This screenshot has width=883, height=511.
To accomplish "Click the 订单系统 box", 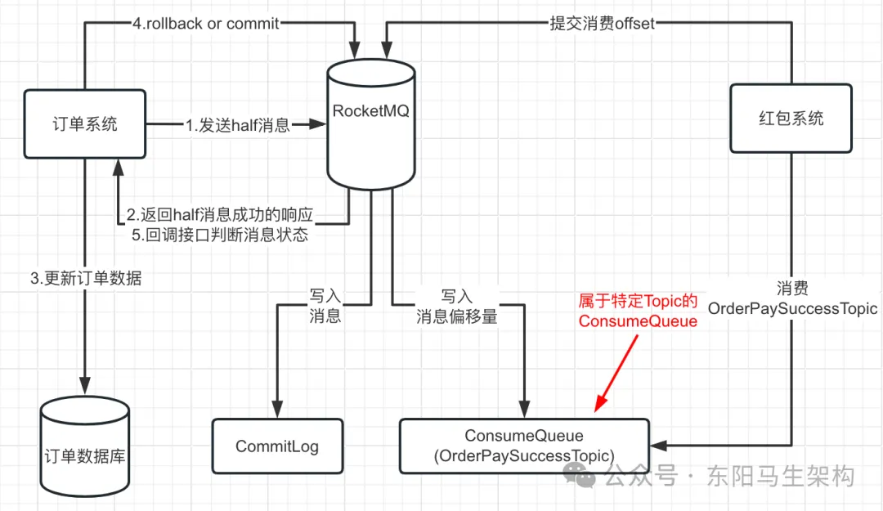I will (x=84, y=123).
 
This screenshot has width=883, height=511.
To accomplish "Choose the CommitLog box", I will (x=277, y=446).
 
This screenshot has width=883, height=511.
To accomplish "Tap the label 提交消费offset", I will (x=603, y=24).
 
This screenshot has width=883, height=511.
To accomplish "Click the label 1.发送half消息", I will (x=237, y=125).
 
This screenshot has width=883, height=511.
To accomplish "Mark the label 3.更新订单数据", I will (x=86, y=278).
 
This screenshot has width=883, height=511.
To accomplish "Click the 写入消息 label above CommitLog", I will (x=325, y=305).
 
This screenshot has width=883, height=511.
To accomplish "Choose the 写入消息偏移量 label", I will (x=457, y=305).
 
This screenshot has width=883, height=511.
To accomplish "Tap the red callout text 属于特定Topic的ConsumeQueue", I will (x=638, y=311).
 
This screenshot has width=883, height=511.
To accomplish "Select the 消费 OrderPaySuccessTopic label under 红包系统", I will (x=791, y=298).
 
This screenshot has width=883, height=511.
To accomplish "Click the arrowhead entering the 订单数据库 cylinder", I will (x=84, y=385).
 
